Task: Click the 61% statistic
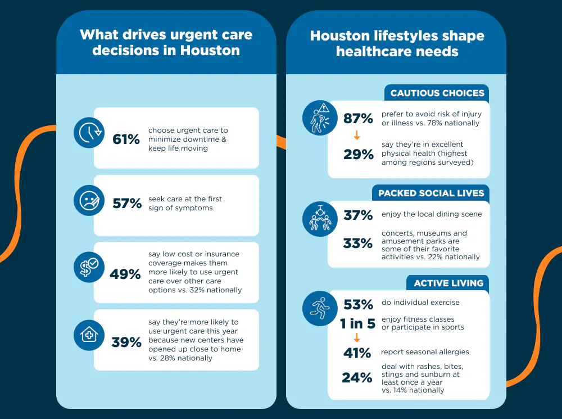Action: (x=126, y=139)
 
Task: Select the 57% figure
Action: (x=127, y=203)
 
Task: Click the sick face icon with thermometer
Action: (x=89, y=201)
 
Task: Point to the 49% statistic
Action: (x=126, y=274)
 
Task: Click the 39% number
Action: (x=126, y=342)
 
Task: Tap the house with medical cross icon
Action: (x=89, y=335)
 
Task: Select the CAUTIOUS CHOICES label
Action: (x=437, y=93)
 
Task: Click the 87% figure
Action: (x=358, y=119)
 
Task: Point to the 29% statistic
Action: (x=359, y=155)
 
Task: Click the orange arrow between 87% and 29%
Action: (x=357, y=136)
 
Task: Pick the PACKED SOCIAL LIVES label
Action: (x=431, y=193)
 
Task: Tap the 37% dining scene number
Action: (x=358, y=215)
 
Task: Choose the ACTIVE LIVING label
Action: (x=448, y=283)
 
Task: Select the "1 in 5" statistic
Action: (x=357, y=323)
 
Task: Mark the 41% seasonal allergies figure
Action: (x=357, y=353)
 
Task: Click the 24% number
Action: (x=357, y=378)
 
